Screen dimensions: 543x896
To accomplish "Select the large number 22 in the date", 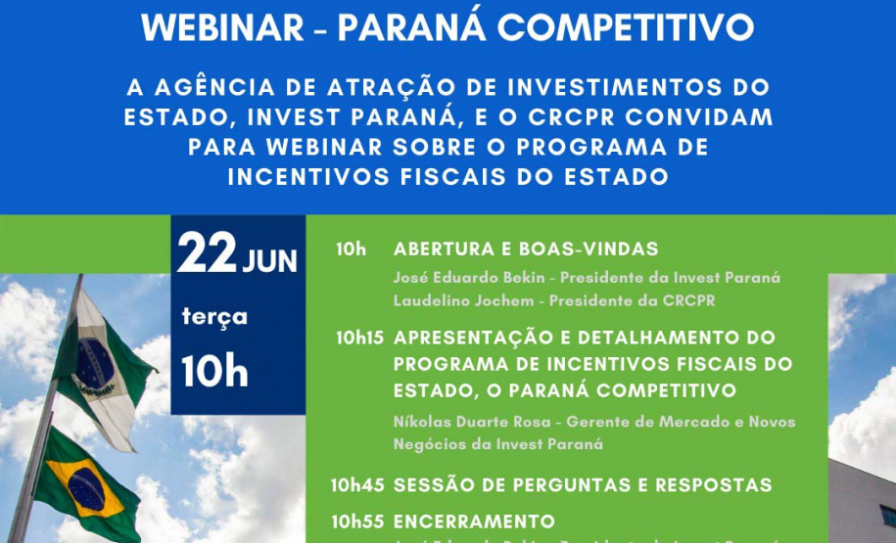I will (206, 257).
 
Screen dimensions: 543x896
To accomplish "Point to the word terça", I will (214, 316).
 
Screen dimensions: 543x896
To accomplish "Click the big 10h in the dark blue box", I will (213, 372).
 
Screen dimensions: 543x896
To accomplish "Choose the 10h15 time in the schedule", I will (358, 338).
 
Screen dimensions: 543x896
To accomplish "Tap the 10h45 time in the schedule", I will (358, 484).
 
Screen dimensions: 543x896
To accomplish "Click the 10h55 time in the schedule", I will (358, 520).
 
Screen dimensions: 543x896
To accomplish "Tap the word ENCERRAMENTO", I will (474, 520).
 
